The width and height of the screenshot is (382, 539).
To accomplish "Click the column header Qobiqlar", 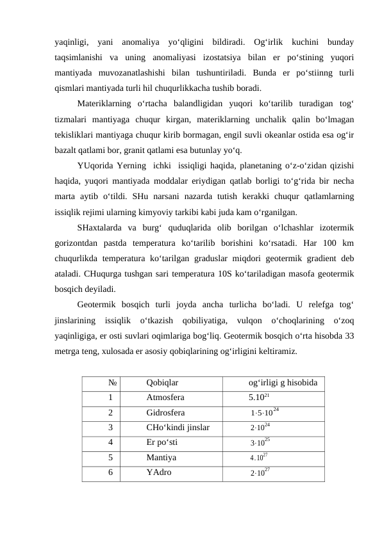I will (162, 383).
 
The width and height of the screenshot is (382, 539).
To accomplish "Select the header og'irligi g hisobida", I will (284, 383).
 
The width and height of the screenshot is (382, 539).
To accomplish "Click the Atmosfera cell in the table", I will (165, 397).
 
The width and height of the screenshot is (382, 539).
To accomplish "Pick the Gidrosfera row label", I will (165, 413).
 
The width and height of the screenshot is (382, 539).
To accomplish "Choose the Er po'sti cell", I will (162, 442).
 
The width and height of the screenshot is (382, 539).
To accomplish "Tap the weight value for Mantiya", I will (259, 458).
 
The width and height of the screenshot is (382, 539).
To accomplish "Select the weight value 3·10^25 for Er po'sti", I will (260, 442).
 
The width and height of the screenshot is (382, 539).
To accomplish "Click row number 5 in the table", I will (111, 458).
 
